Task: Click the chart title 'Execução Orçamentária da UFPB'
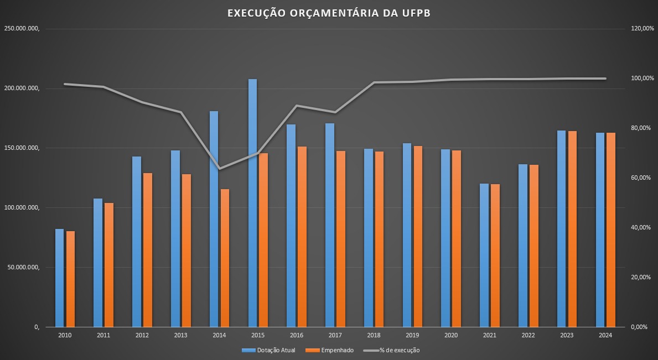tap(329, 13)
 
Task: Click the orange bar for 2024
tap(611, 229)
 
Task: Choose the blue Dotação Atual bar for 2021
tap(484, 255)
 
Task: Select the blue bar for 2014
tap(214, 219)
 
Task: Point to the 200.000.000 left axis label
tap(22, 88)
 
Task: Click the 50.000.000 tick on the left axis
tap(23, 268)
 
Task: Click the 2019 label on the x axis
tap(412, 336)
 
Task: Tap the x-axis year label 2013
tap(180, 336)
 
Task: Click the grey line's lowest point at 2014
tap(220, 169)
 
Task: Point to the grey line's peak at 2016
tap(297, 106)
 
